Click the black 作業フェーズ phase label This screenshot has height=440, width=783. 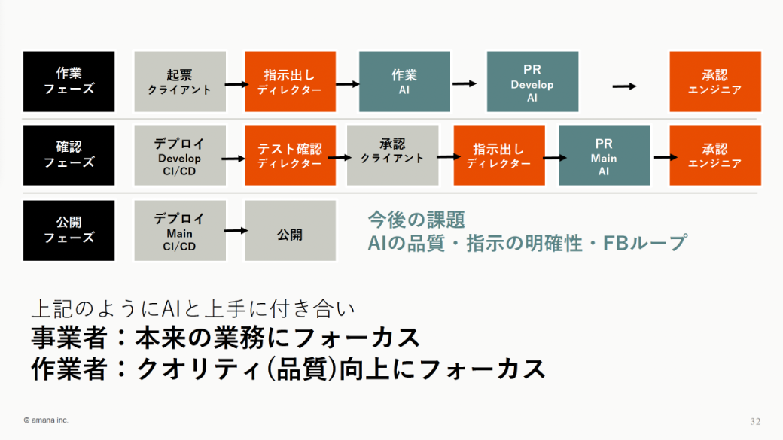tap(69, 81)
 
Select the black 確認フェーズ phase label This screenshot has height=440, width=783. tap(69, 155)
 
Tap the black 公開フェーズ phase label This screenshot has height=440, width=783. tap(69, 230)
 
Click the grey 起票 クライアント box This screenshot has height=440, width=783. tap(179, 81)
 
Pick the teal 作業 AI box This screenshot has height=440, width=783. tap(404, 81)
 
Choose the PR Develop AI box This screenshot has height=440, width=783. tap(532, 81)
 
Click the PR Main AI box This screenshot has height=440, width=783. tap(604, 155)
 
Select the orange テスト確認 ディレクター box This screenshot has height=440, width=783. tap(290, 155)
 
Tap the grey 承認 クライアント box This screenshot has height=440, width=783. tap(392, 155)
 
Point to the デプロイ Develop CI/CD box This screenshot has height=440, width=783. tap(179, 155)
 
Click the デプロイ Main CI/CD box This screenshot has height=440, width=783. tap(179, 230)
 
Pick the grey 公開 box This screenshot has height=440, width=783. tap(290, 235)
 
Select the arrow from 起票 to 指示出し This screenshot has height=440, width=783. tap(236, 84)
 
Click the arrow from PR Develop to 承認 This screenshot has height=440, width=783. tap(624, 86)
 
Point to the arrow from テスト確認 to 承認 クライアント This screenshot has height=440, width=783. tap(341, 158)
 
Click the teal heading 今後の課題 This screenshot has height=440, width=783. tap(416, 220)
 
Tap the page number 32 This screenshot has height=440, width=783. tap(755, 420)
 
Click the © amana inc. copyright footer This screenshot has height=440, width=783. tap(46, 420)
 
